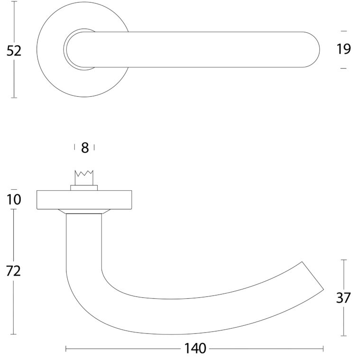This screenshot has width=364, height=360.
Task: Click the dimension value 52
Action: (x=14, y=51)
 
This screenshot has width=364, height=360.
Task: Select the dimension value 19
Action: (x=344, y=49)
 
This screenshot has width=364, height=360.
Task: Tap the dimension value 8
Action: (x=85, y=148)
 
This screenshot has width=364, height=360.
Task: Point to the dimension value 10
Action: (x=14, y=199)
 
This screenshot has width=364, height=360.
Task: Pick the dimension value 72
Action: (x=13, y=271)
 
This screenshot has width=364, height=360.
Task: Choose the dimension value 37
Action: (x=343, y=298)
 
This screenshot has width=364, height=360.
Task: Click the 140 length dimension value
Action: (x=195, y=349)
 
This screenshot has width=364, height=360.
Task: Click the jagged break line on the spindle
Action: (x=84, y=173)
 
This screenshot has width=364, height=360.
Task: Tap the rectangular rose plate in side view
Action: (x=84, y=200)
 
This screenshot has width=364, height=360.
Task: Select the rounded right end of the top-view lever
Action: (x=313, y=49)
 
